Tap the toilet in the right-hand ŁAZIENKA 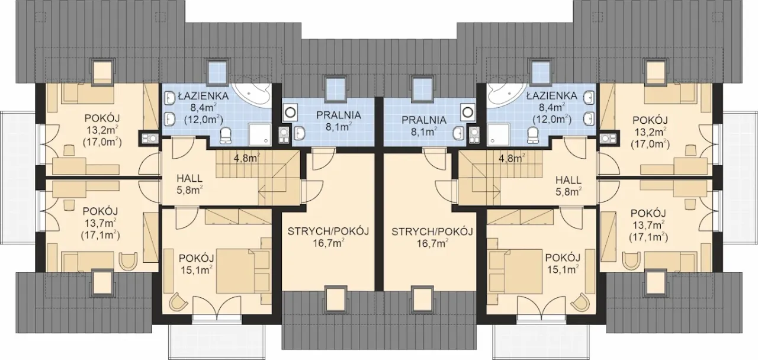pyautogui.click(x=532, y=135)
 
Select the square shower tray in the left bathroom pyautogui.click(x=260, y=134)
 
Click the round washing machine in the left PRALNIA pyautogui.click(x=290, y=112)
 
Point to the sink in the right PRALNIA pyautogui.click(x=458, y=133)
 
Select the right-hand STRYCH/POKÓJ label pyautogui.click(x=432, y=232)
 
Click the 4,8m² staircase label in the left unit pyautogui.click(x=247, y=157)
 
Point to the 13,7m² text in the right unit pyautogui.click(x=648, y=226)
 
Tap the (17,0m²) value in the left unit pyautogui.click(x=102, y=143)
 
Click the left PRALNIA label pyautogui.click(x=339, y=115)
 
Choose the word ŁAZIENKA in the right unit pyautogui.click(x=552, y=96)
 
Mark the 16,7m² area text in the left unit pyautogui.click(x=328, y=243)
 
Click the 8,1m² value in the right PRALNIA pyautogui.click(x=424, y=131)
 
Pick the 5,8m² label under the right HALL pyautogui.click(x=569, y=192)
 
